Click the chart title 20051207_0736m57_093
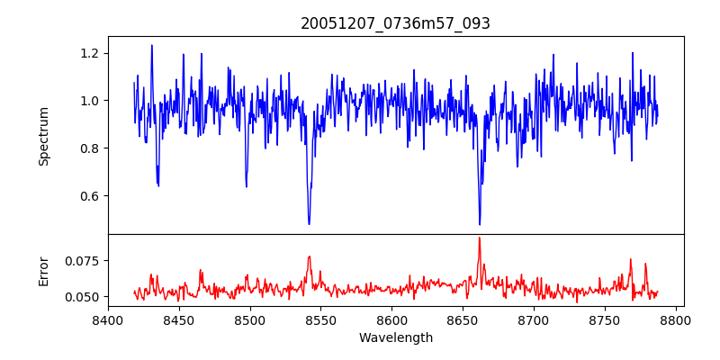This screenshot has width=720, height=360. pos(395,23)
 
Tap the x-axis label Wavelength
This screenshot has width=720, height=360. pos(395,337)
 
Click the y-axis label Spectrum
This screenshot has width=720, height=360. pos(43,135)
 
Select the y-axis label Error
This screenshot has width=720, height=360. pos(43,270)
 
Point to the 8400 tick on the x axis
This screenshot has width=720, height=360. pos(108,319)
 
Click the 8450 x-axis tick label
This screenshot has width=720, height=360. pos(179,319)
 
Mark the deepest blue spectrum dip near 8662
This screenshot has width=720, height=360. pos(480,224)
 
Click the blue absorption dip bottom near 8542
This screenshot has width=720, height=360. pos(309,224)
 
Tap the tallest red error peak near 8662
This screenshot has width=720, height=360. pos(480,238)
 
